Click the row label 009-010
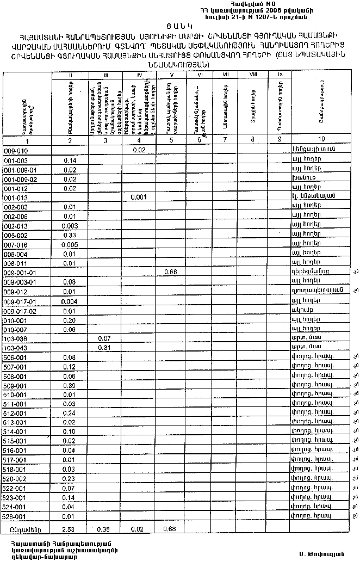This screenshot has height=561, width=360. [x=16, y=150]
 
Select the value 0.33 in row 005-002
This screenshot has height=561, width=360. [x=69, y=235]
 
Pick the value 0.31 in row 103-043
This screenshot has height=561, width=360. [x=104, y=347]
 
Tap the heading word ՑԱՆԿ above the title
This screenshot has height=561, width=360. [x=180, y=26]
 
